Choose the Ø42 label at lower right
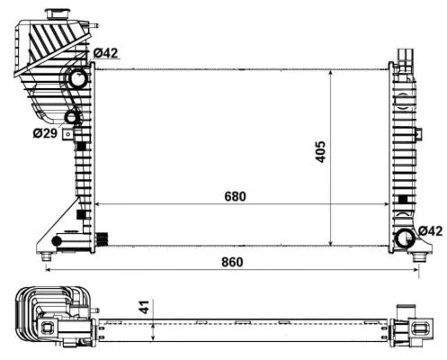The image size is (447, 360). (429, 232)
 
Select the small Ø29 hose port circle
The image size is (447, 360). (72, 117)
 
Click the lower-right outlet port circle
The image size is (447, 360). (404, 239)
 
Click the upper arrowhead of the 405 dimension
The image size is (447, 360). (334, 72)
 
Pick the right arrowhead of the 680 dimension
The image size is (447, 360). (387, 205)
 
